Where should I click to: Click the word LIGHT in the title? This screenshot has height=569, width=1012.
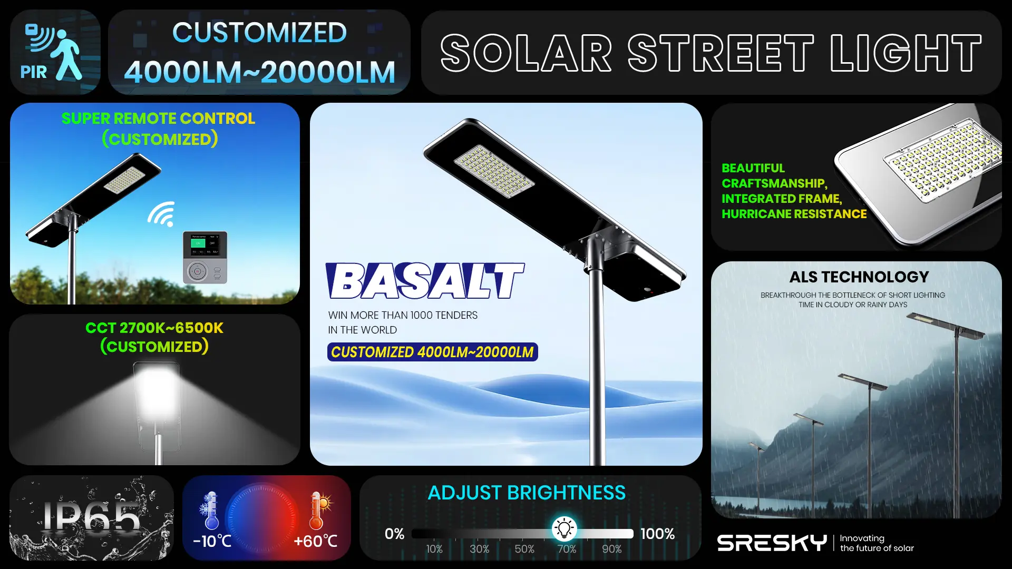coord(905,53)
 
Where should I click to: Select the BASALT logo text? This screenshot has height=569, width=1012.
coord(424,281)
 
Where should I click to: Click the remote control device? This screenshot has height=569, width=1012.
coord(205,257)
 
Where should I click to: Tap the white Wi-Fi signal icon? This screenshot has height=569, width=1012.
coord(162,214)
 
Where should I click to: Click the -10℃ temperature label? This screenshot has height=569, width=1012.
coord(212,541)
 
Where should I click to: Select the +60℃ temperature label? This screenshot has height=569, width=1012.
coord(315,541)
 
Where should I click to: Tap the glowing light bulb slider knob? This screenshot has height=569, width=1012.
coord(564,528)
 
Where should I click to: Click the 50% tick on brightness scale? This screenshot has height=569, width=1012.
coord(524,548)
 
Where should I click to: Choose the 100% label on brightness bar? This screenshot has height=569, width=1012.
coord(657,534)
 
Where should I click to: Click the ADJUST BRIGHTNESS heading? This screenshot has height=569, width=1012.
coord(526,493)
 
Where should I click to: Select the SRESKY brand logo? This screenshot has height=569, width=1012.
coord(772,543)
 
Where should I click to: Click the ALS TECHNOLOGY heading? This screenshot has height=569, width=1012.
coord(859,277)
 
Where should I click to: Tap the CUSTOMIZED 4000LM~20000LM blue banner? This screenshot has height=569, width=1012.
coord(432,352)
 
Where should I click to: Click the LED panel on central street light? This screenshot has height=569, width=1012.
coord(494,171)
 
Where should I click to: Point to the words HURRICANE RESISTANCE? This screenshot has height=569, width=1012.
coord(794,214)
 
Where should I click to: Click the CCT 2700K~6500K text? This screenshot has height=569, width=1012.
coord(154,328)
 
